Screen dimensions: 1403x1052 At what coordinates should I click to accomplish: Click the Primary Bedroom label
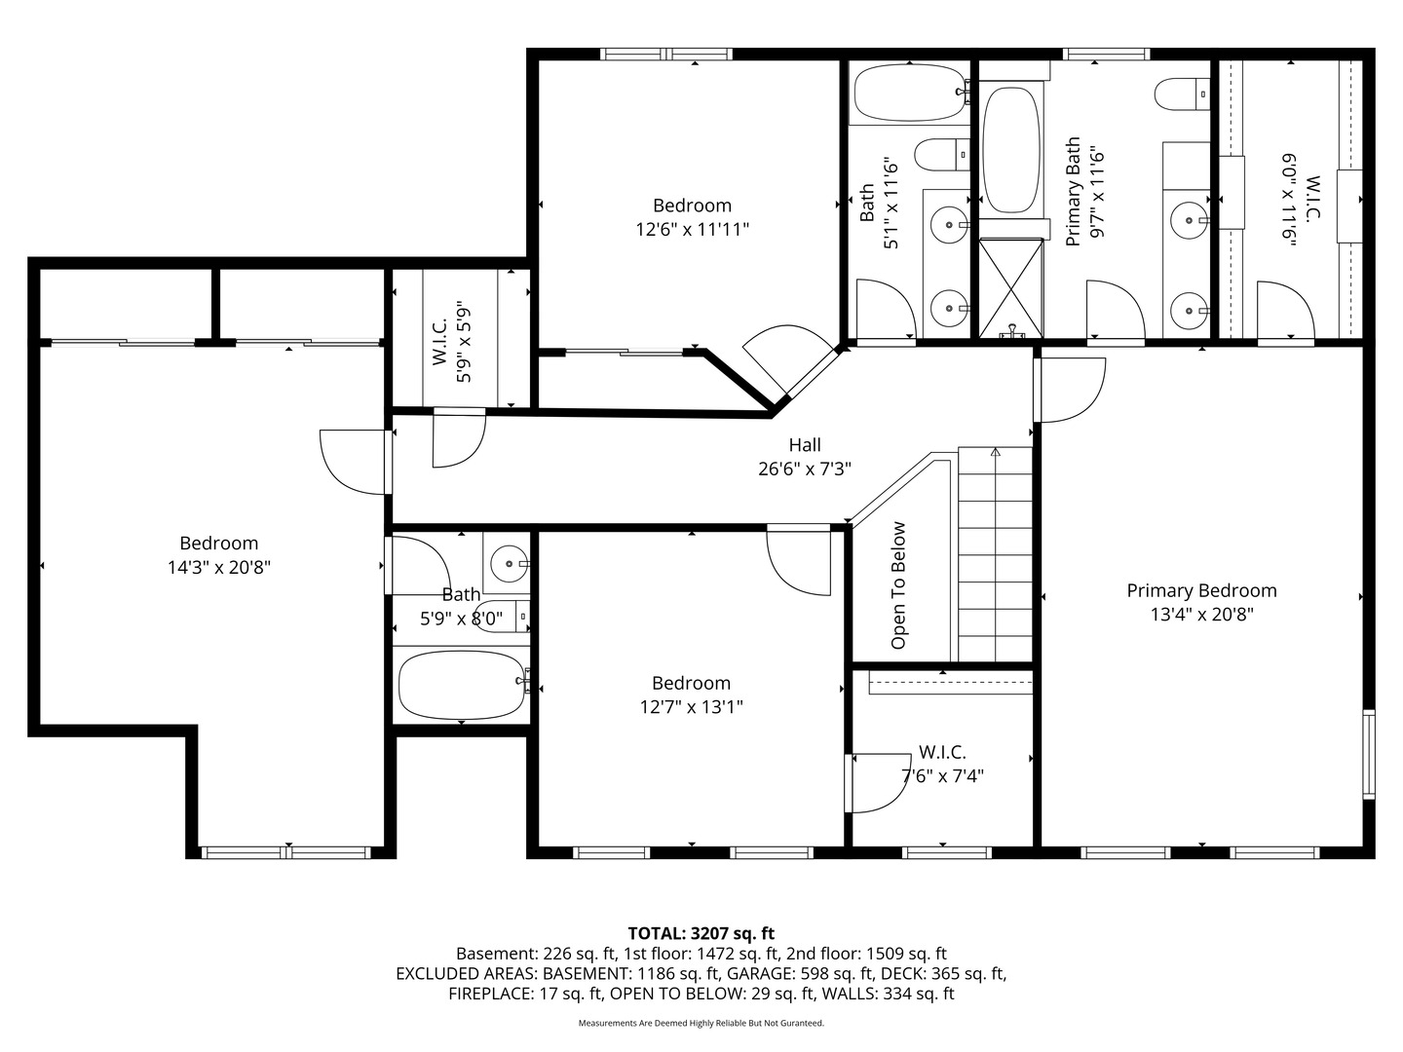tap(1201, 591)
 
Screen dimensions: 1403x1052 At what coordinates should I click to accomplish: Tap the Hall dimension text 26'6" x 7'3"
tap(805, 470)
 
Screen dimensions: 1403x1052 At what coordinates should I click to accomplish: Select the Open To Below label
tap(898, 585)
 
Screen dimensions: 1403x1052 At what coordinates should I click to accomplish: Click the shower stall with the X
tap(1011, 288)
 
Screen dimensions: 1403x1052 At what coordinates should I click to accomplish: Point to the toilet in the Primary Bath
tap(1183, 94)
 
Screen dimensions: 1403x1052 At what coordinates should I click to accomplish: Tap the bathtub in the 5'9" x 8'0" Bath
tap(462, 686)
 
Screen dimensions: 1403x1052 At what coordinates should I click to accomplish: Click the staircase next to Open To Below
tap(995, 554)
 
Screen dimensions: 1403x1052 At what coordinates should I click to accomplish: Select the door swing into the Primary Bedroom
tap(1071, 390)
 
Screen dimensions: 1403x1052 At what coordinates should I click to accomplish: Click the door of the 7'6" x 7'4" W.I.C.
tap(878, 783)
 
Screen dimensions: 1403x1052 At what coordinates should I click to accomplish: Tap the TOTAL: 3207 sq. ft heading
tap(701, 934)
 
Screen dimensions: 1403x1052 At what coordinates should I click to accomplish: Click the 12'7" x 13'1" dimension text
tap(691, 707)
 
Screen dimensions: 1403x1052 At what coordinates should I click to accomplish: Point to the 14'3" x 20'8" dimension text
tap(218, 567)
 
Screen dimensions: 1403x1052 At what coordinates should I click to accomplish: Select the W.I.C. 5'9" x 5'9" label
tap(451, 342)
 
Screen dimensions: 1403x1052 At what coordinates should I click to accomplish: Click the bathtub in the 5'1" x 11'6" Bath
tap(909, 94)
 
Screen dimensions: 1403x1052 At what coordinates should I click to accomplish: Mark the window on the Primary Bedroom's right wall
tap(1369, 754)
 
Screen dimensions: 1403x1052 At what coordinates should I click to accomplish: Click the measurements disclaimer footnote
tap(701, 1023)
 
